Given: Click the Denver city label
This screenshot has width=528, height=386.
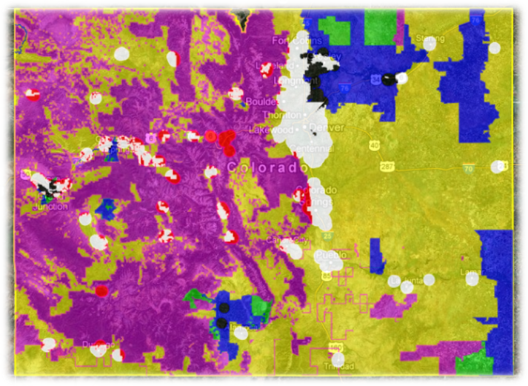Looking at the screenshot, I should point(323,127).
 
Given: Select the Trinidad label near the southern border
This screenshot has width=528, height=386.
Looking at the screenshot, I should point(338,367).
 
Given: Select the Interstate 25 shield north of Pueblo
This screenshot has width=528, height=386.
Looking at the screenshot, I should point(327,236).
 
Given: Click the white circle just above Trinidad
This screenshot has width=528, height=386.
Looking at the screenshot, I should point(338,359).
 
